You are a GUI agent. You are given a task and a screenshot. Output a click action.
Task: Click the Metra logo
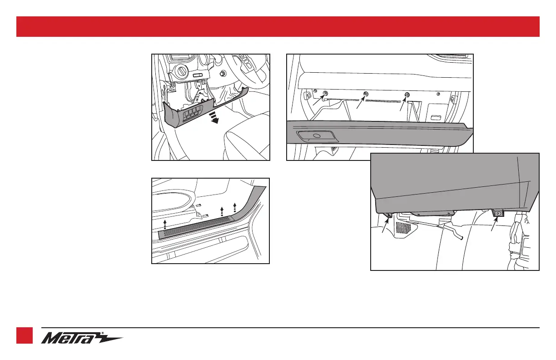point(82,338)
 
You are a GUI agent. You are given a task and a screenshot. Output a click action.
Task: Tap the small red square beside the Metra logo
point(25,335)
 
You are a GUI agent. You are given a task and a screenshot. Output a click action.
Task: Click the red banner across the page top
point(278,26)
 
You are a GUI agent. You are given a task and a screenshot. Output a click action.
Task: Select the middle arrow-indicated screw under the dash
point(366,95)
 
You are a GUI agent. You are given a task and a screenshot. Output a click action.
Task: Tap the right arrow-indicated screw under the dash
point(407,95)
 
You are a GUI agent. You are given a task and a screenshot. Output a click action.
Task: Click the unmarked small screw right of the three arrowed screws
point(438,95)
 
